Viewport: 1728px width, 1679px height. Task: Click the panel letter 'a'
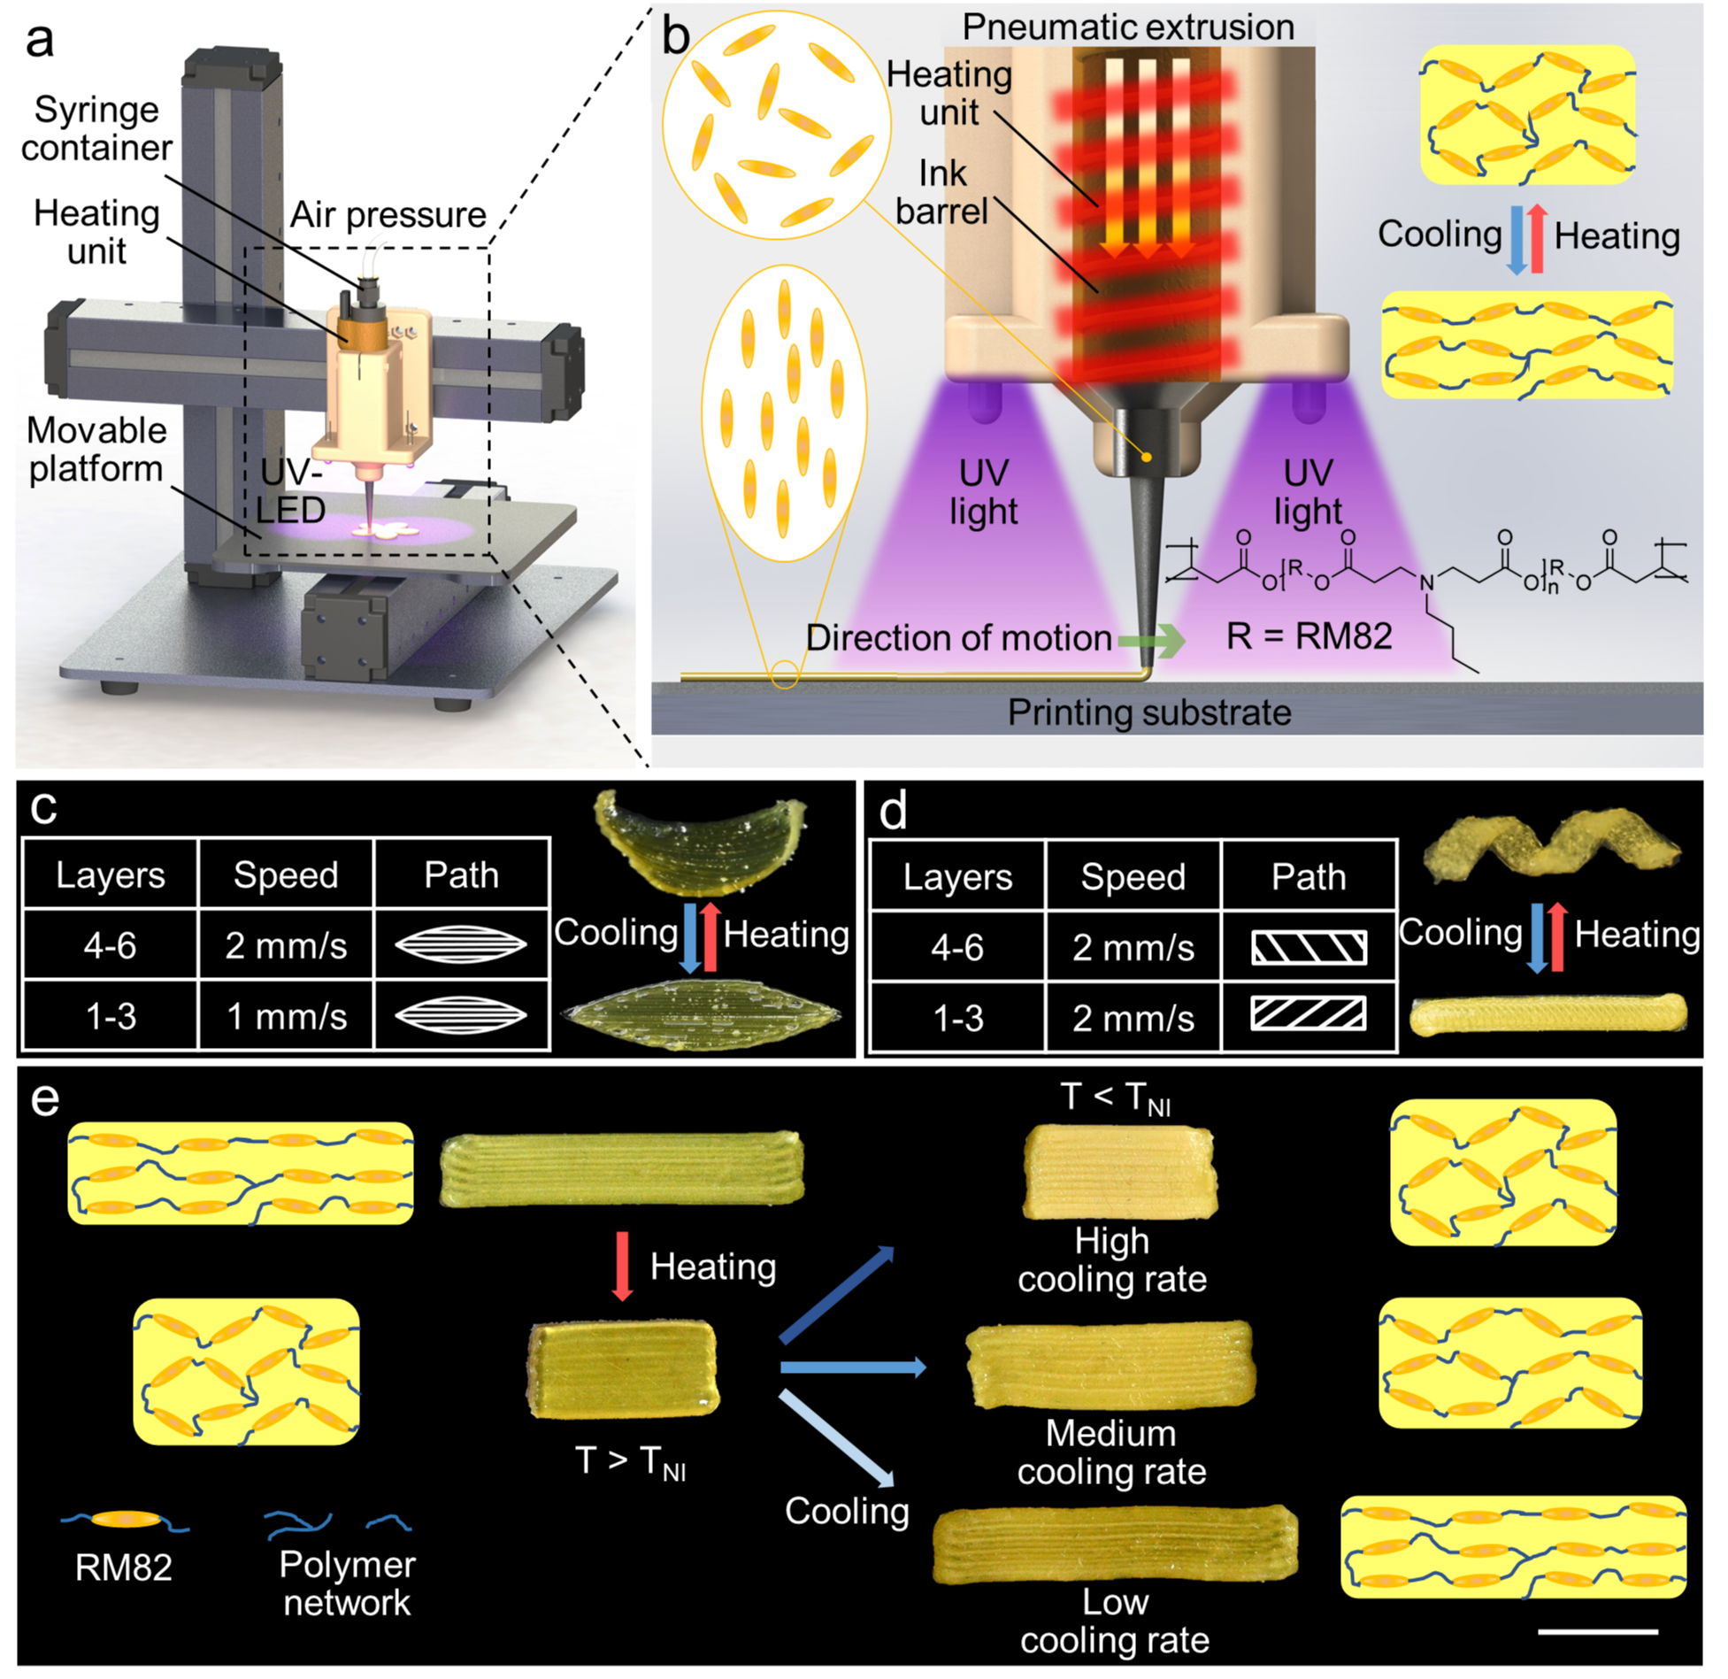tap(40, 40)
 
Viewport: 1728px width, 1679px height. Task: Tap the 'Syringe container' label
tap(96, 128)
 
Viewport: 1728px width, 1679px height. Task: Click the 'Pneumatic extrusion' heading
tap(1127, 27)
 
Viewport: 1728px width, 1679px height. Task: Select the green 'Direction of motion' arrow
tap(1150, 640)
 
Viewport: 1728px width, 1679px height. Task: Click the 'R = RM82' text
tap(1309, 635)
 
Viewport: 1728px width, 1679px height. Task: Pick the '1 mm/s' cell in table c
tap(286, 1016)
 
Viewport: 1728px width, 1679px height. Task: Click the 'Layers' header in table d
tap(957, 876)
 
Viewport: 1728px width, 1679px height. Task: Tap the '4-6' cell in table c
tap(110, 945)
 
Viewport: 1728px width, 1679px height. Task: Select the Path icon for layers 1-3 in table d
tap(1309, 1014)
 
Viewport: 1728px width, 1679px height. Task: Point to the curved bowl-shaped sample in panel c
tap(699, 843)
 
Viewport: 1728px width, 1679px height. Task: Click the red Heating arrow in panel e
tap(622, 1266)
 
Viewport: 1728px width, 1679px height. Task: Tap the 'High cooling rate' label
tap(1111, 1260)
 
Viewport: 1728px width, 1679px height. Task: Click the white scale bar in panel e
tap(1598, 1630)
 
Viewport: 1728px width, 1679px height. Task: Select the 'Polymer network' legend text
tap(347, 1583)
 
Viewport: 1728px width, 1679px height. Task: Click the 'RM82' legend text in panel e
tap(123, 1567)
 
